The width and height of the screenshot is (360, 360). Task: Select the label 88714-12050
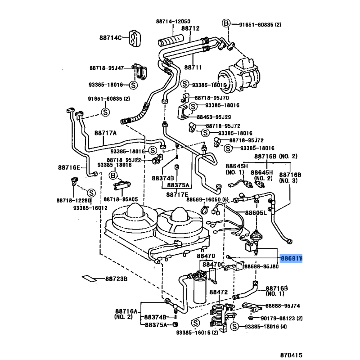point(173,22)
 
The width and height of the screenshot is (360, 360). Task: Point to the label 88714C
point(111,37)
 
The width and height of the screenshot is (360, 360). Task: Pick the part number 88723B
point(117,279)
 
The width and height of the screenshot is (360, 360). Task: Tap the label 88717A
point(106,133)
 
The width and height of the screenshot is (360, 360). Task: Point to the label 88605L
point(256,212)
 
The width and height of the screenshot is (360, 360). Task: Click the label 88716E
point(68,167)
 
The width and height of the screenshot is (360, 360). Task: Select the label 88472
point(220,292)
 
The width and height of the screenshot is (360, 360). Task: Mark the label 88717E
point(177,194)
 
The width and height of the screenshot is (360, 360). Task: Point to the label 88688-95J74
point(283,306)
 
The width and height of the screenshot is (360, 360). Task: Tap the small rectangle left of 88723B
point(89,278)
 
